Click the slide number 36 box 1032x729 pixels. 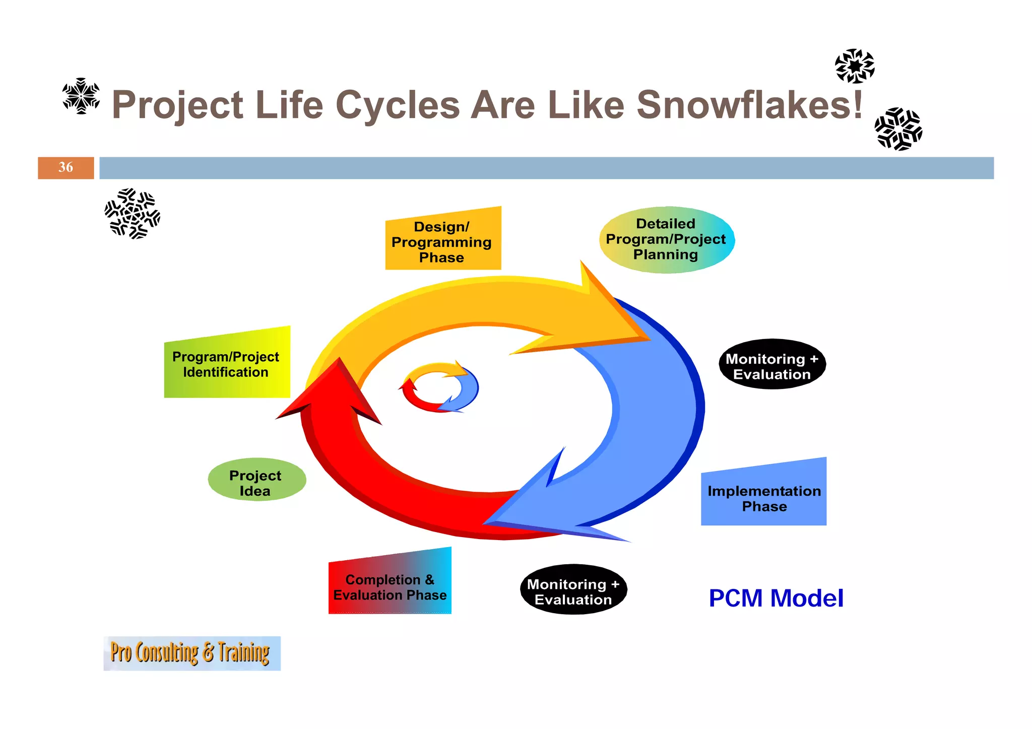click(66, 168)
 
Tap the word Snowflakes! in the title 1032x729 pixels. click(749, 105)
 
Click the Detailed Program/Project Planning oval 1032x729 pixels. click(666, 240)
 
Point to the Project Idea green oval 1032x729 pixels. click(256, 480)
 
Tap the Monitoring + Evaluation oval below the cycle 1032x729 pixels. click(573, 589)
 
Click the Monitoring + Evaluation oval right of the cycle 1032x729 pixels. click(772, 364)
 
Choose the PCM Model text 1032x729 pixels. click(776, 599)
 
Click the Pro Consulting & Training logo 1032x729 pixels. click(191, 653)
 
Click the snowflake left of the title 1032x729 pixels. click(81, 96)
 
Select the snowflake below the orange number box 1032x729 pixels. click(133, 214)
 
